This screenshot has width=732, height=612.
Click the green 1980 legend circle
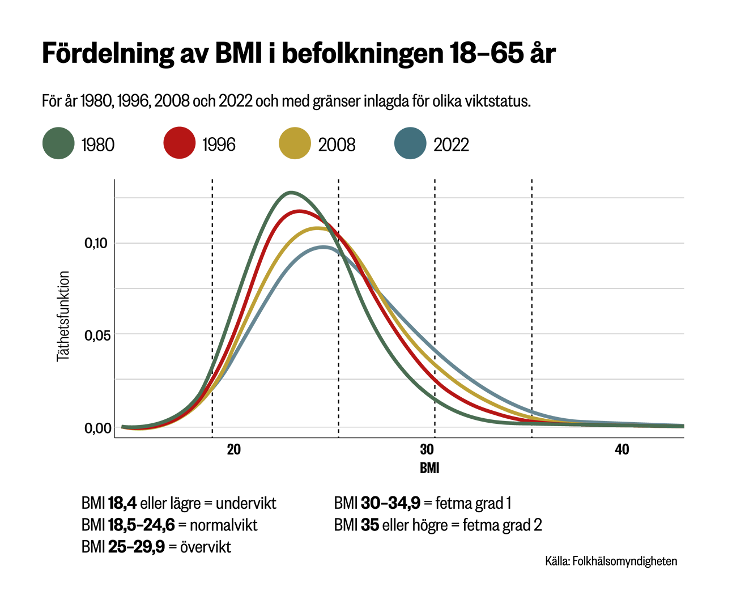click(58, 143)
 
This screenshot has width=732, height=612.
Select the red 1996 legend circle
click(179, 143)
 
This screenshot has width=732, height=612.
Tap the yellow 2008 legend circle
click(295, 143)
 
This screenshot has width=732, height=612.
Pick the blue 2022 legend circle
click(410, 143)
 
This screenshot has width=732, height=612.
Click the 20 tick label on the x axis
click(233, 450)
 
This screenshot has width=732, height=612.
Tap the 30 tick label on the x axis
click(427, 450)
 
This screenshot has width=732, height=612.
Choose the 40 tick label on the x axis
click(622, 450)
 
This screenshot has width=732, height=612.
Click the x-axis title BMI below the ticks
click(429, 469)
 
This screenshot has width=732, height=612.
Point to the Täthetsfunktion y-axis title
click(63, 316)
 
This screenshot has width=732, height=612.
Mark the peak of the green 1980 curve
click(291, 193)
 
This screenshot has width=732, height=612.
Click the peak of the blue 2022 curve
click(323, 247)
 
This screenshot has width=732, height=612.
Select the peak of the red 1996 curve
click(299, 211)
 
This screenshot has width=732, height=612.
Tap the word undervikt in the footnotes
click(246, 503)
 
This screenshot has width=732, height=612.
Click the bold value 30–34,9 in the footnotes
click(390, 503)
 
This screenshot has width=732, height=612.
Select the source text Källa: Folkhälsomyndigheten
click(611, 561)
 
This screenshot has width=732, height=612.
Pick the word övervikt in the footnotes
click(205, 547)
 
